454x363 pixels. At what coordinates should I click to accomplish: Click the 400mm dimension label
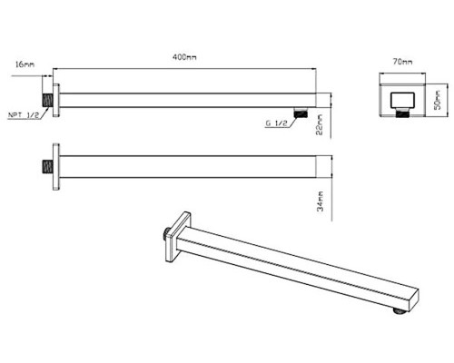184,57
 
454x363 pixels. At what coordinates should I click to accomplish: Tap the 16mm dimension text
25,64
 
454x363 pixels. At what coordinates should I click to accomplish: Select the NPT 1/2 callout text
24,115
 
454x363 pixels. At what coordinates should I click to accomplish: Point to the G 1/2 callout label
276,123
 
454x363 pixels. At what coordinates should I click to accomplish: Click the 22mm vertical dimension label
320,124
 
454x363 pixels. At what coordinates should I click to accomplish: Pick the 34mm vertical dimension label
320,201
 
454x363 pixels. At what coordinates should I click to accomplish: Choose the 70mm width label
402,62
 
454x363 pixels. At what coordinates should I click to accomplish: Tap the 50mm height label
438,100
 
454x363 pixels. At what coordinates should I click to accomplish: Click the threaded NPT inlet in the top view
47,100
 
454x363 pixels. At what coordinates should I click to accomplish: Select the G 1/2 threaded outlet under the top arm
301,113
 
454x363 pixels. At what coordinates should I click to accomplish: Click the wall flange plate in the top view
56,100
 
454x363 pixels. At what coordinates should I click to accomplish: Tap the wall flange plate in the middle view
56,167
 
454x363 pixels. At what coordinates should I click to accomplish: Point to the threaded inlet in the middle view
47,167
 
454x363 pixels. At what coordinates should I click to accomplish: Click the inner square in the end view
402,100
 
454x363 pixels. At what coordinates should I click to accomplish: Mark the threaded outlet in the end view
402,113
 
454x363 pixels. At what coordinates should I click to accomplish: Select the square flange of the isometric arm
178,236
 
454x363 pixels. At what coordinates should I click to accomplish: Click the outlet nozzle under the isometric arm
400,311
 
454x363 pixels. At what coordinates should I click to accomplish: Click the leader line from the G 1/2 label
291,121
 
